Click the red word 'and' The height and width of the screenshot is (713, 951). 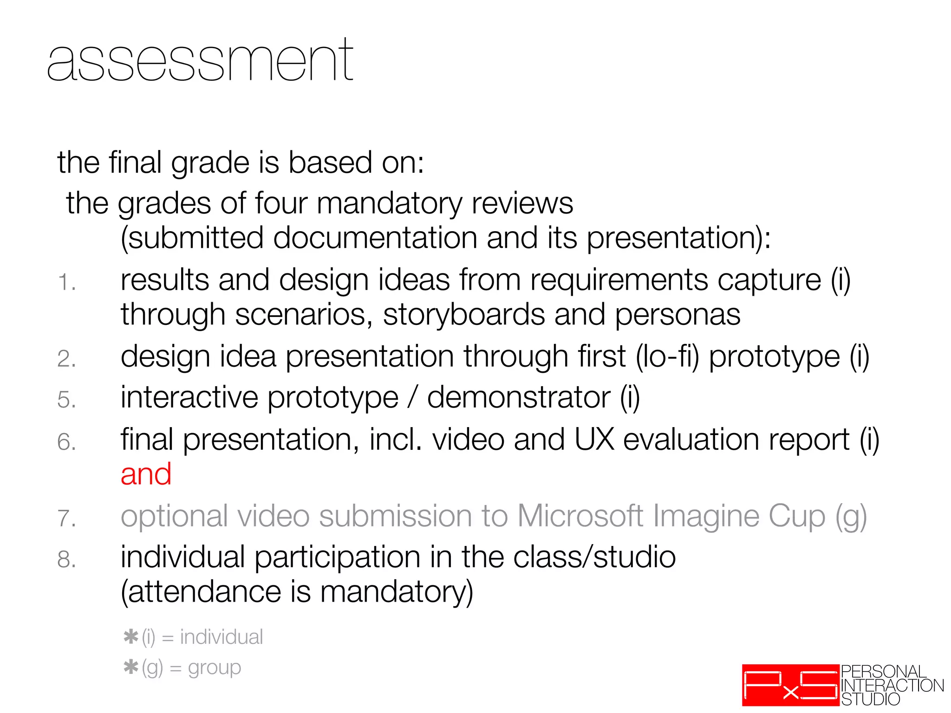click(x=146, y=474)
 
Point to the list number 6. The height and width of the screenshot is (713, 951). click(x=66, y=442)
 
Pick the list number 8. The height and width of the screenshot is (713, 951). click(x=66, y=560)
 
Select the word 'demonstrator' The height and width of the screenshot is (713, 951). click(x=519, y=398)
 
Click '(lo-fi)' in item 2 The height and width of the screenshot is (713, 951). click(x=667, y=357)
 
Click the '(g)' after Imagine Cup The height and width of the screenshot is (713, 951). click(x=851, y=517)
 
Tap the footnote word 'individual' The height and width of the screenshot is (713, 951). click(x=221, y=637)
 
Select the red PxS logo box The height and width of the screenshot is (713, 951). click(x=790, y=685)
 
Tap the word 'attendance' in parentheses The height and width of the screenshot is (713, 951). click(x=204, y=592)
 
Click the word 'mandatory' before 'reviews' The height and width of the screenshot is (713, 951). click(x=390, y=204)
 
